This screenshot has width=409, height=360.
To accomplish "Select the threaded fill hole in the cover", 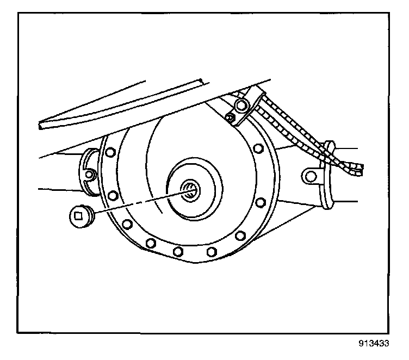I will tap(189, 190).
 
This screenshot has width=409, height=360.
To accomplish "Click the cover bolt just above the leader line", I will tap(113, 195).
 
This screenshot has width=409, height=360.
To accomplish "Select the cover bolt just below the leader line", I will tap(127, 224).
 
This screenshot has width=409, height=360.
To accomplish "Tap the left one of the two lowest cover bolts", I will tap(177, 251).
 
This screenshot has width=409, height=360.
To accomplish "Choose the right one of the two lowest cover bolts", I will tap(212, 251).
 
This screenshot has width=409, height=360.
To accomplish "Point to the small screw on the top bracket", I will tap(231, 117).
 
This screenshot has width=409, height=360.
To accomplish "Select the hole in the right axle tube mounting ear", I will tap(309, 175).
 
